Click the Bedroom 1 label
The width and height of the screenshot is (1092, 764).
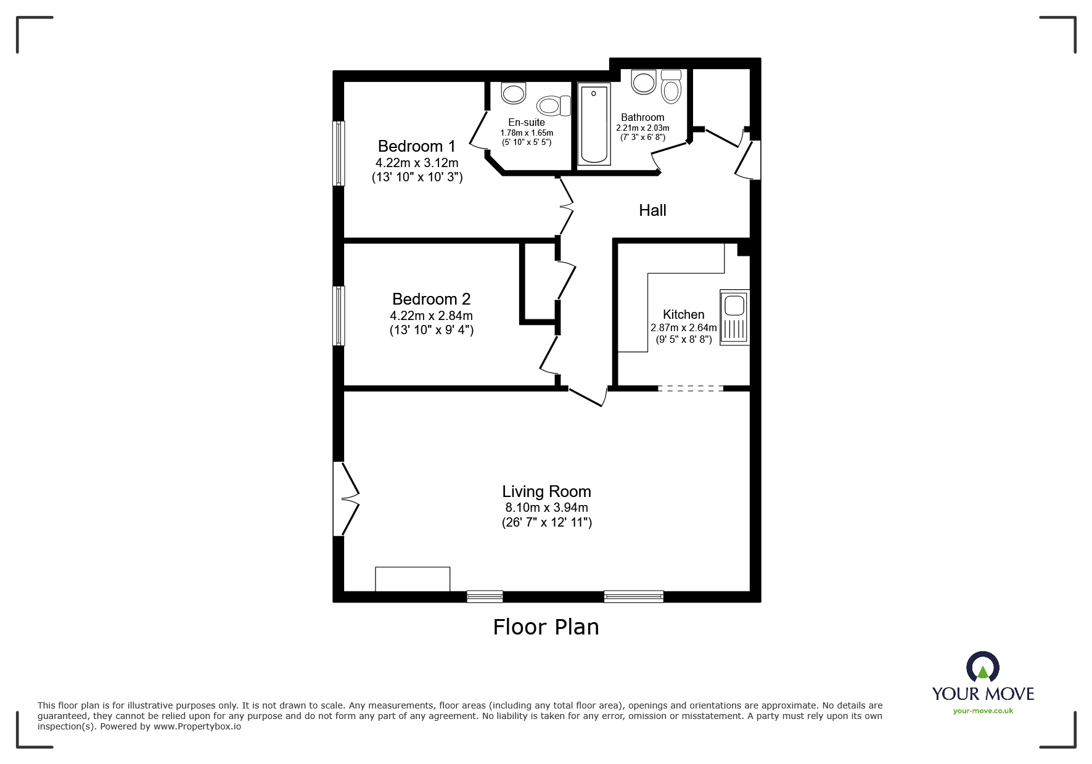point(416,146)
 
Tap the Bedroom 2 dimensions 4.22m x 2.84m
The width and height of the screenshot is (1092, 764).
point(431,316)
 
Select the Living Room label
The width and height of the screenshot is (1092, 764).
point(546,491)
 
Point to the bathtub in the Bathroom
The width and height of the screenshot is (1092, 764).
point(594,125)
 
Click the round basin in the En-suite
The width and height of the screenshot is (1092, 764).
point(513,94)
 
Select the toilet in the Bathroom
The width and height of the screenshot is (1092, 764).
point(670,88)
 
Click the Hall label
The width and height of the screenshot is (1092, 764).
point(652,210)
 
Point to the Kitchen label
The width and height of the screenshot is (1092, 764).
point(683,314)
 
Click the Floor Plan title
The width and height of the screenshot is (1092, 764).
point(546,627)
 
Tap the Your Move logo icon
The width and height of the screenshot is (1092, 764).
point(982,668)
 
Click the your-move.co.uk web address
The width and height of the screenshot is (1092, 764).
point(983,711)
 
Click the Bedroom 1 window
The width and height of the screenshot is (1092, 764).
point(339,153)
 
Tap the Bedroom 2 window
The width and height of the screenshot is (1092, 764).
point(339,316)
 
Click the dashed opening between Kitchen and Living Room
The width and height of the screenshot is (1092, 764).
point(690,388)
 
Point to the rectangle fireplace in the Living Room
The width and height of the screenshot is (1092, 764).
point(413,579)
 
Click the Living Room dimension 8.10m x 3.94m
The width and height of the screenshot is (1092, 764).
point(546,507)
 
